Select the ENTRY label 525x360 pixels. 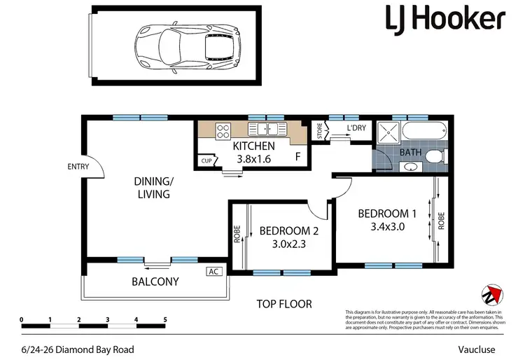[x=78, y=167]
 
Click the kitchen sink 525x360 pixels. [x=267, y=128]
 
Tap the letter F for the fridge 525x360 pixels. [x=298, y=157]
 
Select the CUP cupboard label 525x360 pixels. [x=206, y=161]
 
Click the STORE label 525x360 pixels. [x=319, y=132]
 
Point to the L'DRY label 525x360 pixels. [x=357, y=129]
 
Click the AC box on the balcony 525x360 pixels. [x=212, y=271]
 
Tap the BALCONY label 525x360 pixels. [x=155, y=282]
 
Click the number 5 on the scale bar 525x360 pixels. [x=165, y=319]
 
